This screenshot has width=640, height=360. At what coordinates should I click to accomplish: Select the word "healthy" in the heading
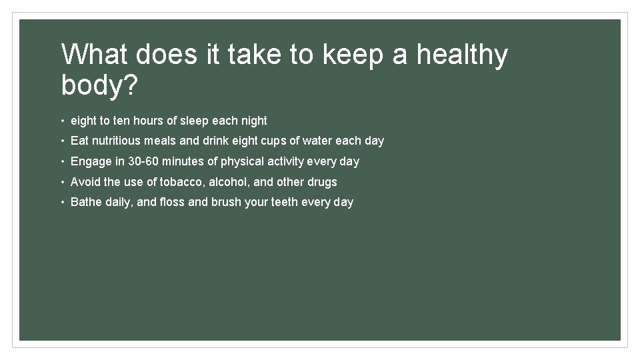pyautogui.click(x=462, y=55)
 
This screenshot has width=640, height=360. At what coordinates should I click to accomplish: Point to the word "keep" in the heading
pyautogui.click(x=353, y=55)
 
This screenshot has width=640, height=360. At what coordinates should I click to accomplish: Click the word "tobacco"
pyautogui.click(x=181, y=182)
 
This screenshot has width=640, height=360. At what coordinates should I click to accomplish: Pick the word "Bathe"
pyautogui.click(x=86, y=202)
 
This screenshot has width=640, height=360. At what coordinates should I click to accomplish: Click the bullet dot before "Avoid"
pyautogui.click(x=61, y=183)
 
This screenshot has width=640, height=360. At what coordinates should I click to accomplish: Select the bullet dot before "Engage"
pyautogui.click(x=61, y=162)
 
